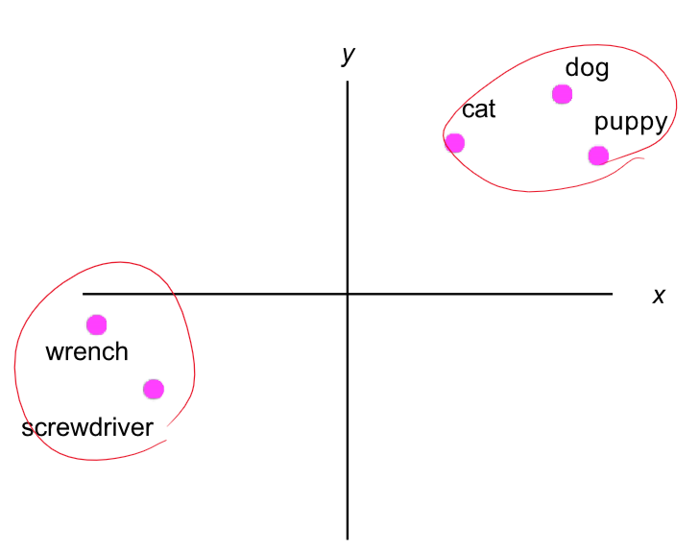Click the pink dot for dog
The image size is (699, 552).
point(562,94)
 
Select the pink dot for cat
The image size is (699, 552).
point(455,143)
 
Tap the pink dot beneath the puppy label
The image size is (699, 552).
point(598,156)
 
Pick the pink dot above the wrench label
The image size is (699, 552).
point(96,324)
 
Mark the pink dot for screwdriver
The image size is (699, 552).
point(154,389)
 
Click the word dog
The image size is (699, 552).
point(587,69)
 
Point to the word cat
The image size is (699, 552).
point(478,109)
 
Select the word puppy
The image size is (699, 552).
point(630,124)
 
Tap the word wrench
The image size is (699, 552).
point(86,351)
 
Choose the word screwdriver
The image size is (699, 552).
point(87,427)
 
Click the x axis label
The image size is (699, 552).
point(659,296)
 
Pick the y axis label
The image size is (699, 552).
point(349,55)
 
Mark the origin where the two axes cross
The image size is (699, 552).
point(348,294)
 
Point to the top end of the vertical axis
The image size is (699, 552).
point(348,83)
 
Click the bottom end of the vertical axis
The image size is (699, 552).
point(348,539)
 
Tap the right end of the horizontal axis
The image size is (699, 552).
point(612,294)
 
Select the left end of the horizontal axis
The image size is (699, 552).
point(84,294)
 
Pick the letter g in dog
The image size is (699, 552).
point(602,71)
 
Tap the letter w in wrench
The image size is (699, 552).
point(54,352)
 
